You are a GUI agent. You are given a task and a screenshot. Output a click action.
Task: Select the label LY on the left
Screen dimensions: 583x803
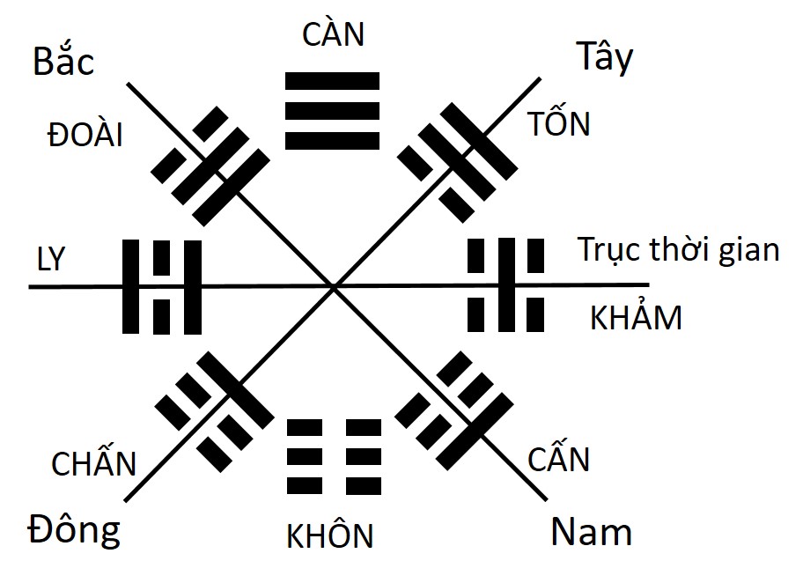(52, 262)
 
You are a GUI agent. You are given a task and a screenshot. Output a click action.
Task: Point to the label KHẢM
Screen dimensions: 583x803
(636, 317)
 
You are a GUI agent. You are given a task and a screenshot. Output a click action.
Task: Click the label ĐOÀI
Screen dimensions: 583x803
(85, 136)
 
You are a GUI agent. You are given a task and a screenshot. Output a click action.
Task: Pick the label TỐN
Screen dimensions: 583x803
(559, 124)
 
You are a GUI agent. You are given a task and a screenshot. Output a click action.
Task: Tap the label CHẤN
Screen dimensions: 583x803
(94, 463)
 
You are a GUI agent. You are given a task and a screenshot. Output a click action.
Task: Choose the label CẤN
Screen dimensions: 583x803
(558, 460)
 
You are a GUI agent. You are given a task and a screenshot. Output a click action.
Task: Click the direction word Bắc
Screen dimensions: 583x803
(63, 63)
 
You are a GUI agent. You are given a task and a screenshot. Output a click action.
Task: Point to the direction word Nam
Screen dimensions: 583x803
(592, 532)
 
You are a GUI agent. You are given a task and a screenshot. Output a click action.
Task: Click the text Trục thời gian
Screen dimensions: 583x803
(679, 250)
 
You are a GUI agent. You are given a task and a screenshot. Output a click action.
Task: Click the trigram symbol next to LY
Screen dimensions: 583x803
(161, 287)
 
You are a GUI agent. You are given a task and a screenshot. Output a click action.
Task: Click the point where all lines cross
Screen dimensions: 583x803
(334, 286)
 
